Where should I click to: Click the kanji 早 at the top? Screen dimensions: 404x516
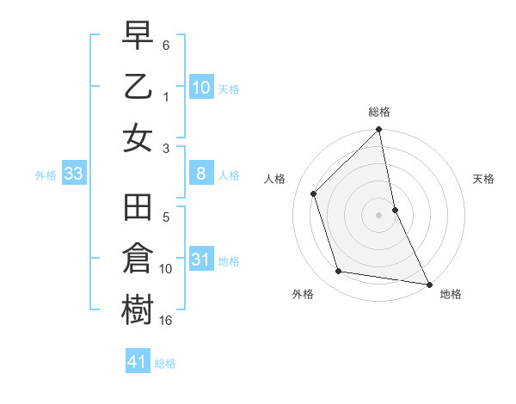[138, 35]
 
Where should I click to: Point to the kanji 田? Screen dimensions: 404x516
[138, 209]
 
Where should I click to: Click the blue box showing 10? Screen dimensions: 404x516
[201, 87]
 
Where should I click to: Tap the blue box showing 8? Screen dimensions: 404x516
[201, 174]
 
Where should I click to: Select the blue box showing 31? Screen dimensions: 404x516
[201, 260]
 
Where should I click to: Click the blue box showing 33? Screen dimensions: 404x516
[73, 174]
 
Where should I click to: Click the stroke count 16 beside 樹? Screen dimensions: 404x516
[167, 320]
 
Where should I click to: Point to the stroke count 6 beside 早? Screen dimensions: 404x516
[166, 44]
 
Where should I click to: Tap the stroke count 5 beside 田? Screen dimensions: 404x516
[166, 218]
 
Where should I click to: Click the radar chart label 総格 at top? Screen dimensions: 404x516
[379, 112]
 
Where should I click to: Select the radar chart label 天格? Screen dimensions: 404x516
[483, 179]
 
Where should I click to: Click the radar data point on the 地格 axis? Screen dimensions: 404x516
[428, 284]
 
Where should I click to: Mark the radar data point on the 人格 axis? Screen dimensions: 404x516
[314, 193]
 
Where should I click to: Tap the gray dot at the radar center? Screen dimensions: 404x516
[379, 215]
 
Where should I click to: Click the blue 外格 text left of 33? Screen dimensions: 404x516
[46, 175]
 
